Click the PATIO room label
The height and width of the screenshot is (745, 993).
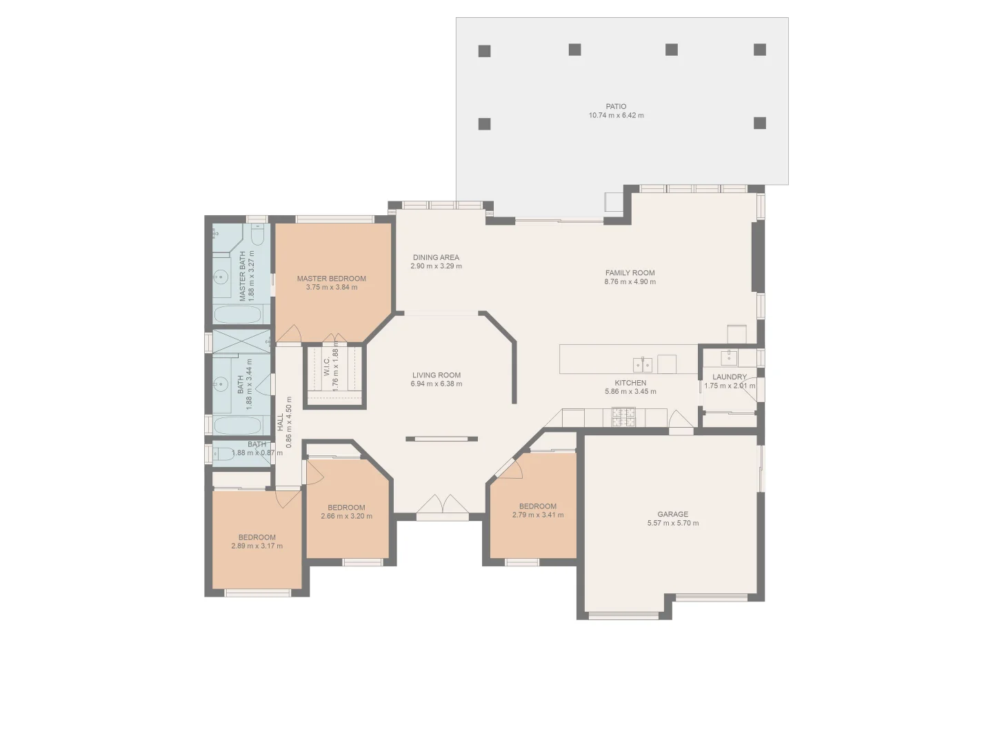point(616,107)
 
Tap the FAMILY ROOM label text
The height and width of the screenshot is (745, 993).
point(630,273)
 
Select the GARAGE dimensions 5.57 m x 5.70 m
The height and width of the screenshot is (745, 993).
point(672,524)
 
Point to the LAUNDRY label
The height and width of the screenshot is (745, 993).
point(729,377)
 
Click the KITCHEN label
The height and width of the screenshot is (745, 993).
point(630,383)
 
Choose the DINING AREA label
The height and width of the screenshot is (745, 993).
point(436,257)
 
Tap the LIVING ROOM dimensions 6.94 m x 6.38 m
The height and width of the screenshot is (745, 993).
point(436,384)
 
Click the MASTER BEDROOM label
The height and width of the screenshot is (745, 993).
point(331,279)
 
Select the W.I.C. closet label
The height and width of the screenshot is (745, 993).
point(327,367)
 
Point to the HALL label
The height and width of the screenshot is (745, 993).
point(281,422)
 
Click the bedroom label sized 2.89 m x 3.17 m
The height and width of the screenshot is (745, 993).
point(257,537)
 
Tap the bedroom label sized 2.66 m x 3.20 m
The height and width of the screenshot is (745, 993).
point(346,508)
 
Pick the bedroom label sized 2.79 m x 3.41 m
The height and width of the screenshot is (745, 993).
point(537,506)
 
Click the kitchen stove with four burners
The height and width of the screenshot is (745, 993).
point(623,416)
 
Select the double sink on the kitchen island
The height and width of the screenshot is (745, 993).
point(643,364)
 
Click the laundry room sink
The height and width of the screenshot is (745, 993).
point(728,357)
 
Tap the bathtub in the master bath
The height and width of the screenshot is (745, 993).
point(237,315)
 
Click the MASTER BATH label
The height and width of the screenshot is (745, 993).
point(243,276)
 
